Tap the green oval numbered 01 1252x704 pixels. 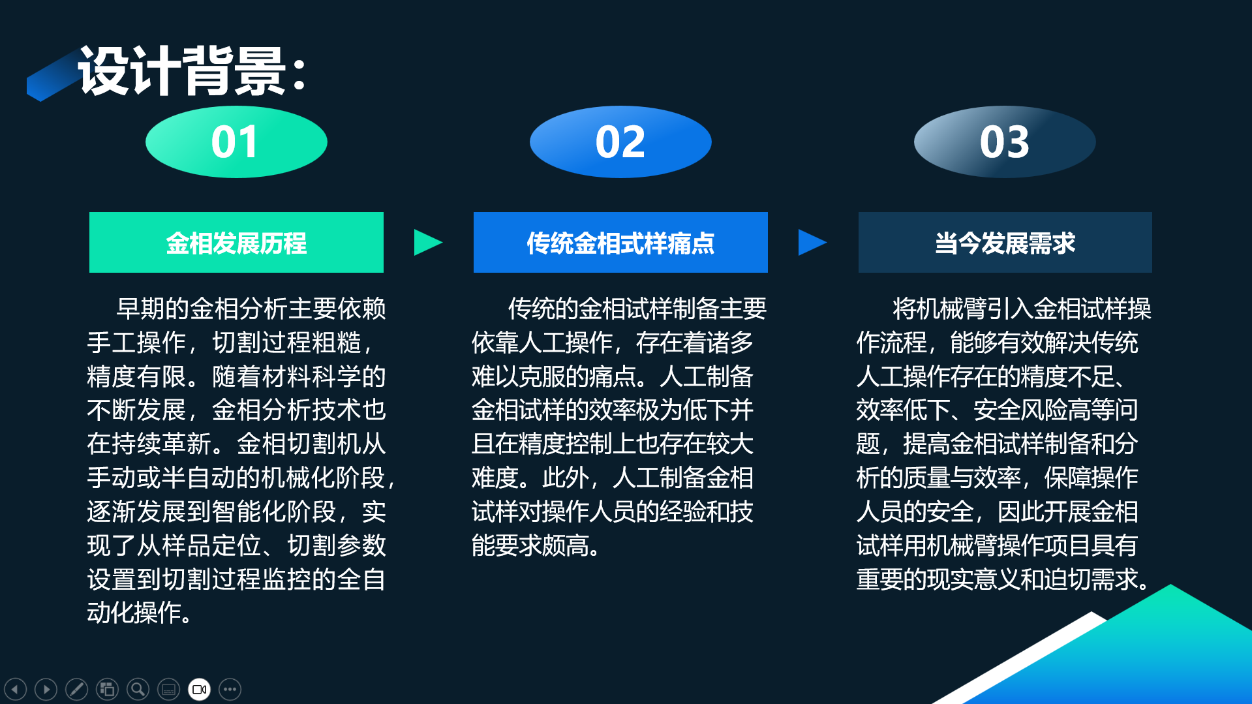click(x=236, y=142)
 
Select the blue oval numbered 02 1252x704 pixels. click(x=620, y=142)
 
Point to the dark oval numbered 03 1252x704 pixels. click(x=1005, y=142)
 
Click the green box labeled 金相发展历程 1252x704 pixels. click(x=236, y=242)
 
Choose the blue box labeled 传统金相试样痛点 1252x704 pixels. click(x=620, y=242)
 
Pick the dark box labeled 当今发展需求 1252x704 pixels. click(x=1005, y=242)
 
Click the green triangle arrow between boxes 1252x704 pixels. click(x=427, y=242)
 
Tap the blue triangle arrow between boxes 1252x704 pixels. click(x=811, y=242)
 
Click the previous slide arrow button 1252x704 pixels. click(x=16, y=689)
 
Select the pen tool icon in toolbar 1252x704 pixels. click(x=76, y=689)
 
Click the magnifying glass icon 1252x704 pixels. click(x=138, y=689)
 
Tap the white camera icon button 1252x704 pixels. click(x=199, y=689)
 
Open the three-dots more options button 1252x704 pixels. click(x=230, y=689)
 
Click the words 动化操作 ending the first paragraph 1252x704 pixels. click(x=134, y=613)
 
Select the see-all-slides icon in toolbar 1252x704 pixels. click(x=107, y=689)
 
